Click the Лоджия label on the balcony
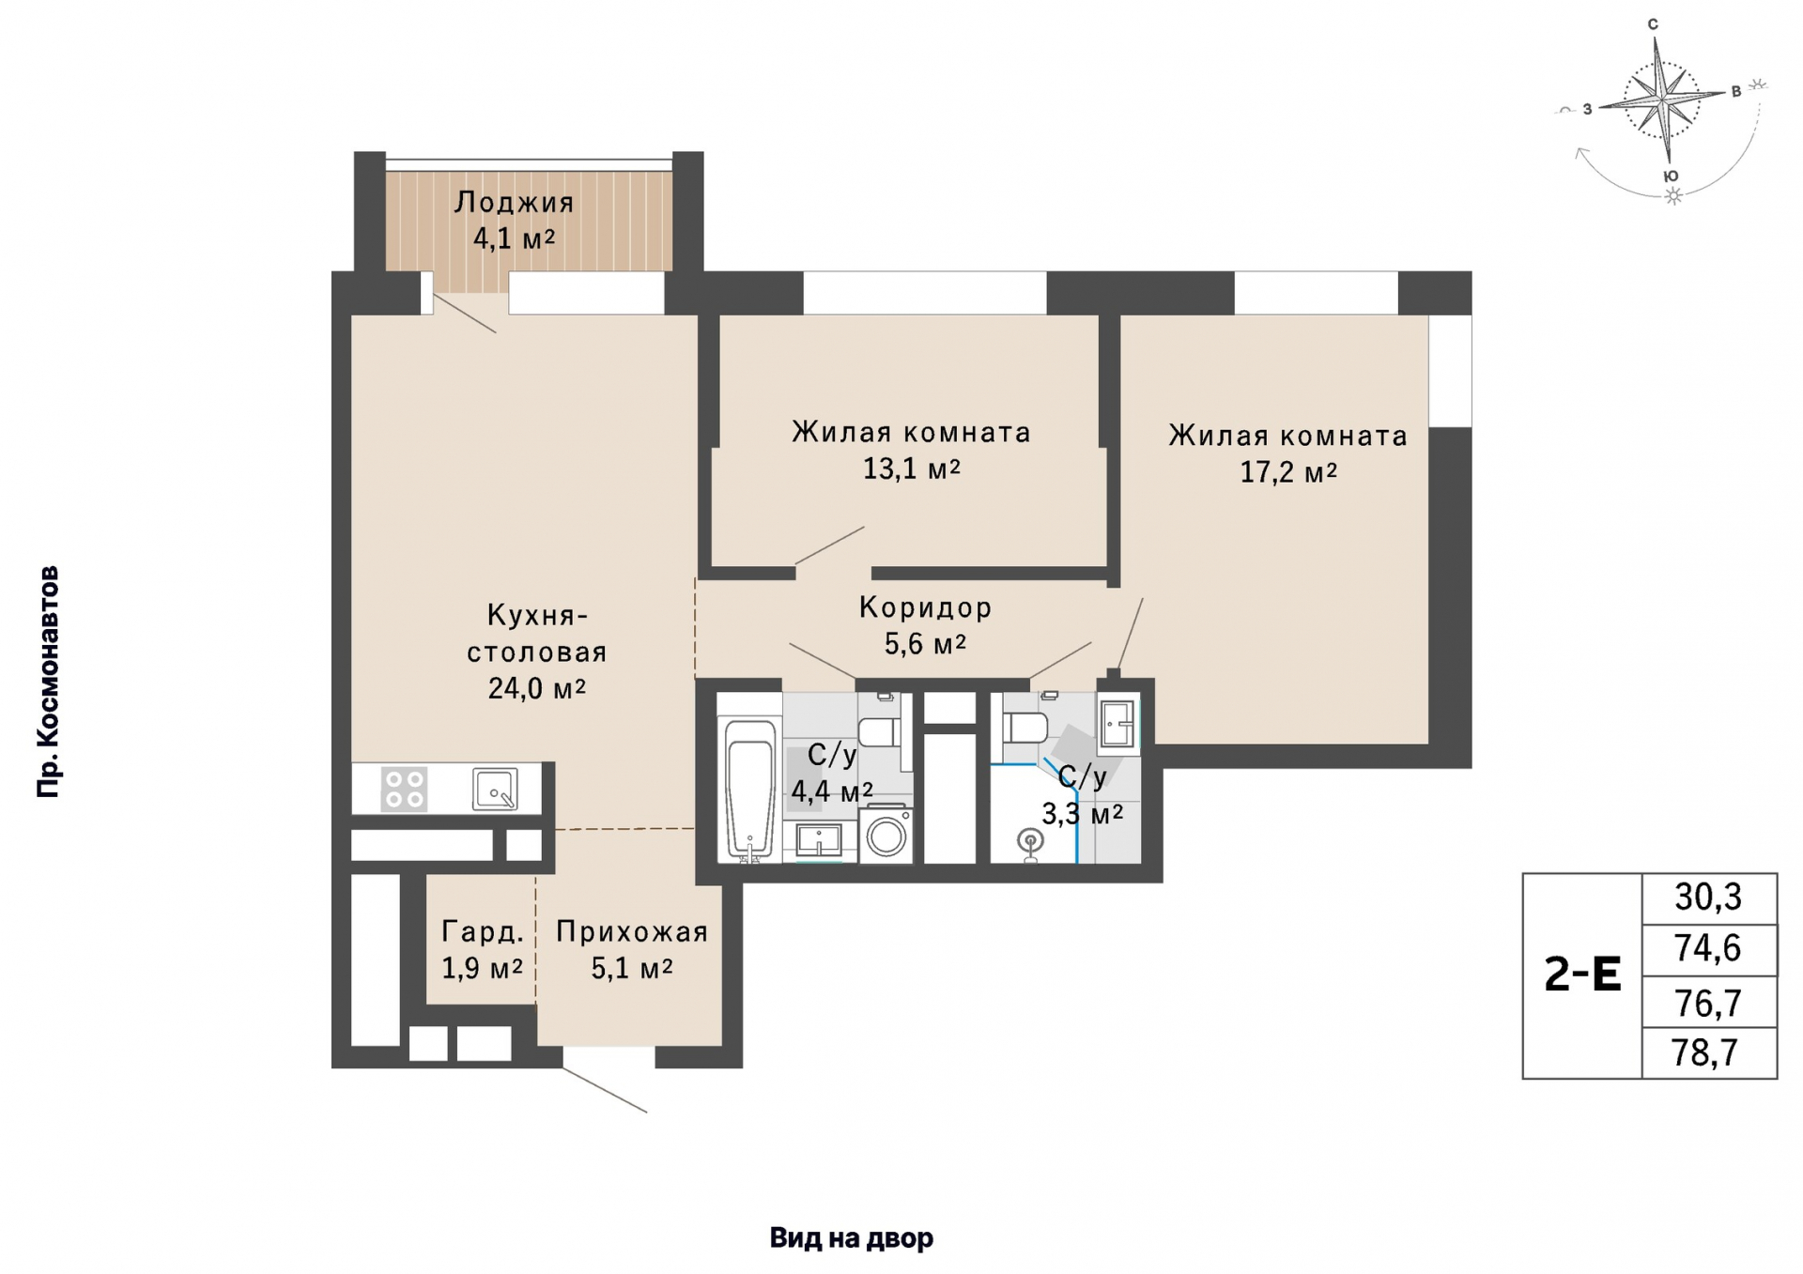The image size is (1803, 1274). [514, 203]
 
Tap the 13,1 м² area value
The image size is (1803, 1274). [912, 468]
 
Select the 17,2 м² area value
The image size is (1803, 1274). [1288, 471]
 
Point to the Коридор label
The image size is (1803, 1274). [925, 607]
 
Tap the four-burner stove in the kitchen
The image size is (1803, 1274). [404, 789]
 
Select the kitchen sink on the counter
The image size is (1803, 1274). [495, 789]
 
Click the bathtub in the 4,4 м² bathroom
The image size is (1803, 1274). [749, 790]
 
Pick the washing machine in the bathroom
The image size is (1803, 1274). [886, 833]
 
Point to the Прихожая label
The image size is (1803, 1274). [632, 932]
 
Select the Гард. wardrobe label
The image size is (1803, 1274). [483, 932]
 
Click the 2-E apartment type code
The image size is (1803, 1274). [1582, 975]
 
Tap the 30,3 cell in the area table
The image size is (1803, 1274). [1708, 898]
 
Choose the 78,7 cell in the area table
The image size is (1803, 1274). [1708, 1053]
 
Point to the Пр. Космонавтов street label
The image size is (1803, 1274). [48, 683]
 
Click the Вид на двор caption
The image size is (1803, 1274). [852, 1238]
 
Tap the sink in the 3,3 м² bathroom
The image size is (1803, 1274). [1117, 724]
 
